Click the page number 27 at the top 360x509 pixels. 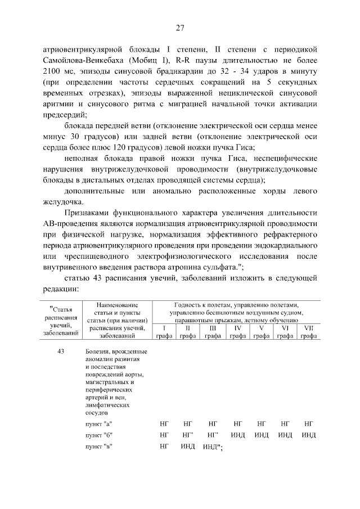click(x=180, y=28)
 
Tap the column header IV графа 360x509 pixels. click(x=237, y=331)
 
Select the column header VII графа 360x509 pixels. click(x=308, y=331)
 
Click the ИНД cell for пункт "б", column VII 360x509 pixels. click(x=308, y=435)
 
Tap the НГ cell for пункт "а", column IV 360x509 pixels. click(x=237, y=423)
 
